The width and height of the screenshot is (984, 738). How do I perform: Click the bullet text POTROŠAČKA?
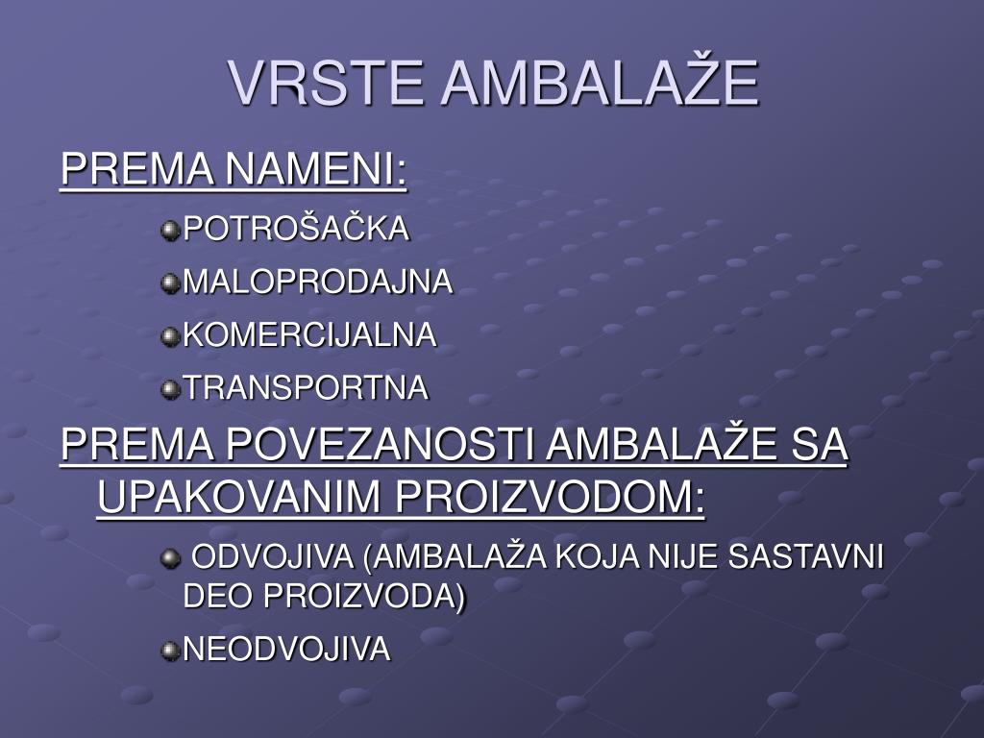click(296, 229)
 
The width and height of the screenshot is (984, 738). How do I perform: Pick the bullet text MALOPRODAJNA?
click(317, 282)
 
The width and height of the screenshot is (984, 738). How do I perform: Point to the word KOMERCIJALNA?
click(309, 334)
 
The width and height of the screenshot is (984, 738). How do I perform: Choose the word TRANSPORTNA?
click(306, 388)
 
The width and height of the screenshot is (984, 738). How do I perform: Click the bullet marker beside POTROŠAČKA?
click(170, 230)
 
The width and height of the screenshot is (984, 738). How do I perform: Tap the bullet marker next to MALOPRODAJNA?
click(170, 283)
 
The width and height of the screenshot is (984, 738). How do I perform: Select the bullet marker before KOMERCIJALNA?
click(170, 335)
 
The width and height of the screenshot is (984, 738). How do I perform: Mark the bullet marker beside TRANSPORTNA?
click(170, 389)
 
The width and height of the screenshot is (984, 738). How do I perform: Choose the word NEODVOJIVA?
click(286, 650)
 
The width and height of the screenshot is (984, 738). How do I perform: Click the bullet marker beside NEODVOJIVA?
click(170, 651)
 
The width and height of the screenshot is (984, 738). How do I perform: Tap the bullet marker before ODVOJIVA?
click(170, 557)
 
